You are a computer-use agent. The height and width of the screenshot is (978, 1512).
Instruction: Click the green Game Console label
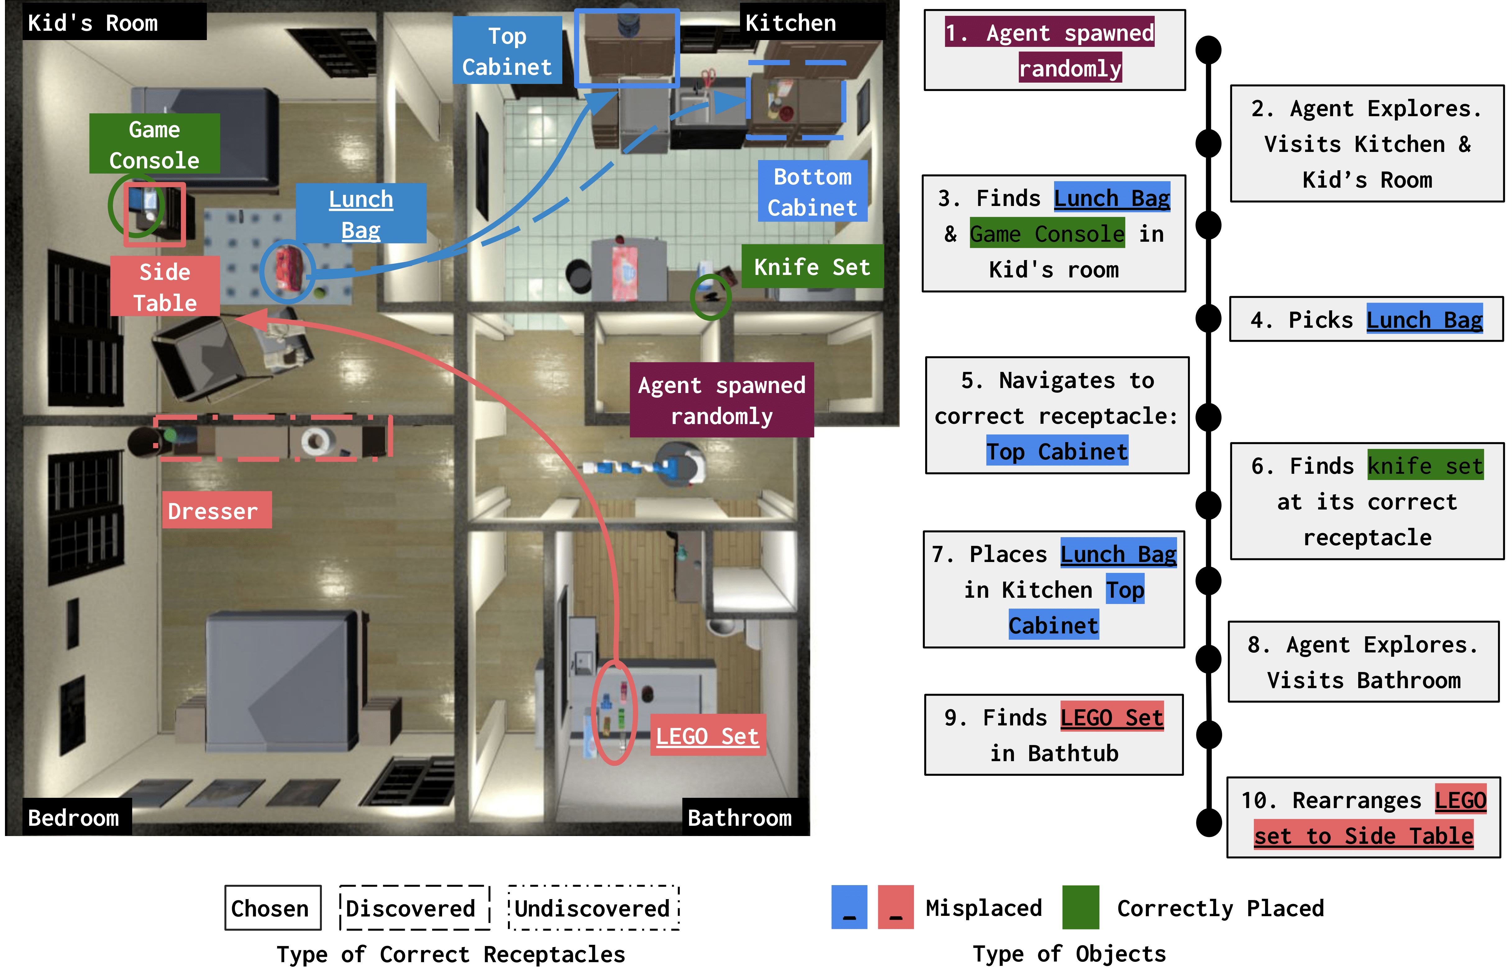click(x=154, y=144)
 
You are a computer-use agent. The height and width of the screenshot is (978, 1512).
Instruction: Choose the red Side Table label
click(x=165, y=286)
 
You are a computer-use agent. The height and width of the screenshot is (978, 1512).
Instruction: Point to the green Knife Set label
click(x=812, y=267)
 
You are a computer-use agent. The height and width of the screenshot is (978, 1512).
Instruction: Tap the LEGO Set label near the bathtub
click(x=707, y=735)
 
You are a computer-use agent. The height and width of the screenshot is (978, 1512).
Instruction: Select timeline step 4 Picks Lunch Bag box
click(x=1366, y=319)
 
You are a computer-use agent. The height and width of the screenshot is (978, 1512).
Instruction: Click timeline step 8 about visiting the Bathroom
click(x=1364, y=662)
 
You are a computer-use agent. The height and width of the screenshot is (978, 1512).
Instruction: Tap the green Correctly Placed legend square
click(x=1080, y=907)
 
